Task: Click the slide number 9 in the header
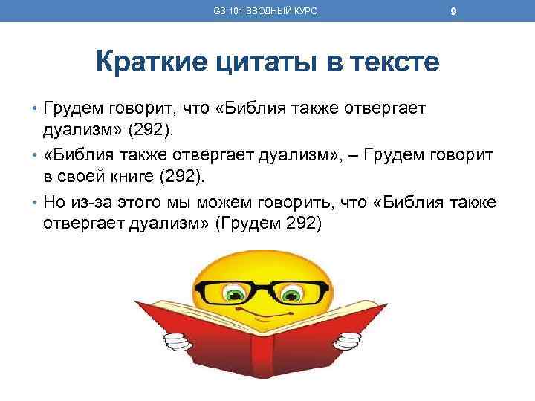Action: click(453, 10)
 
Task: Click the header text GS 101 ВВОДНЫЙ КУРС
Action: click(265, 10)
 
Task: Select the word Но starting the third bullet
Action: click(53, 203)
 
